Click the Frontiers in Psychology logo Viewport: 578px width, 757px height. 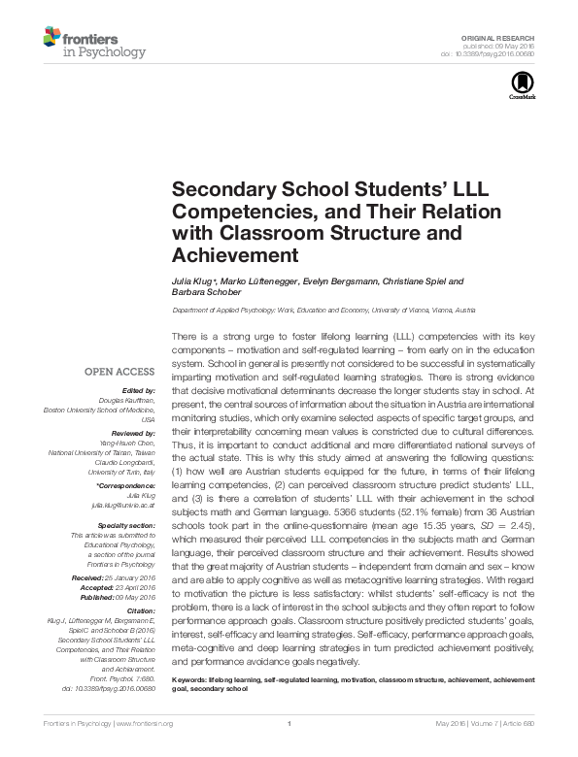[x=93, y=43]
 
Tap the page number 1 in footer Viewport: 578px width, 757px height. [x=289, y=750]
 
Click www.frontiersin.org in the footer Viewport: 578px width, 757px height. [x=145, y=750]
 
